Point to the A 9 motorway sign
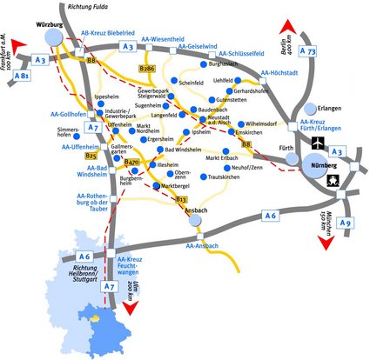pos(346,223)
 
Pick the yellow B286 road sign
pos(149,68)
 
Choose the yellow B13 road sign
pos(181,200)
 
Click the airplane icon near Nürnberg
pos(315,141)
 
